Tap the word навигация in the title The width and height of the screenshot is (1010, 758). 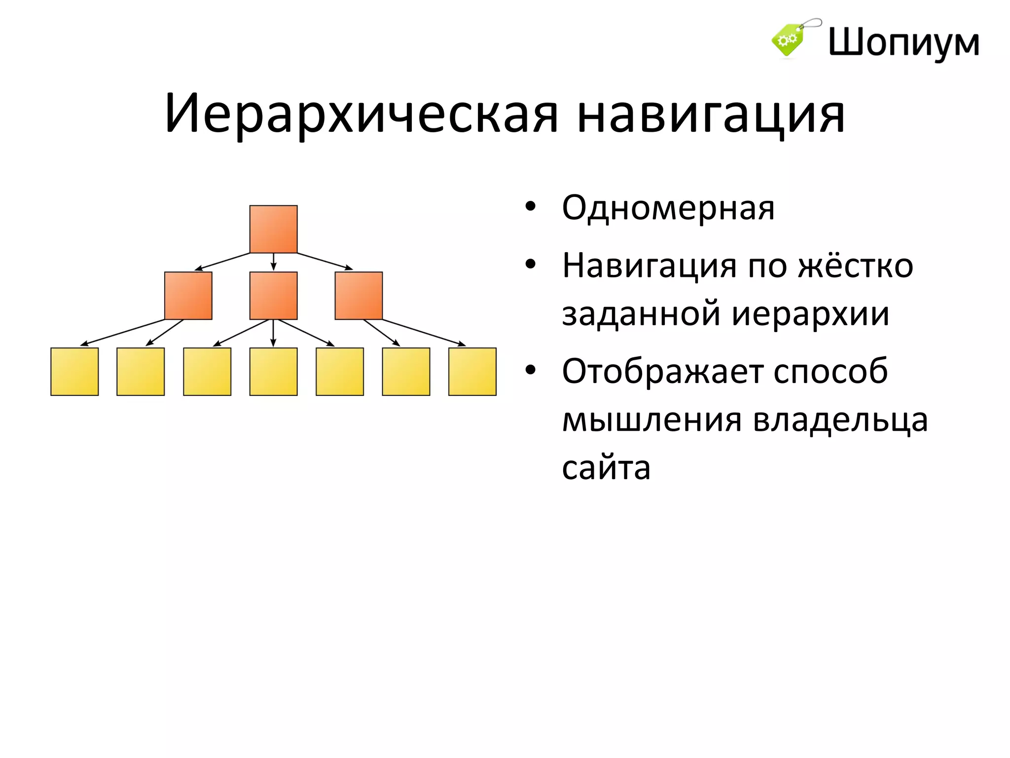(711, 114)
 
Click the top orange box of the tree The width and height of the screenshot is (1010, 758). (273, 229)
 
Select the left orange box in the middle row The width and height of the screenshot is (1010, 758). (188, 296)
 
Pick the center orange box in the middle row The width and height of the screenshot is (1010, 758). (273, 296)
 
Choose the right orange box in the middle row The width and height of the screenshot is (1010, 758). (359, 296)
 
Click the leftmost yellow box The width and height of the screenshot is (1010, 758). (74, 372)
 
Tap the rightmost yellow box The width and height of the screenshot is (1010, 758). (472, 372)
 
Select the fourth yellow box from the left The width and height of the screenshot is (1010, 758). (273, 372)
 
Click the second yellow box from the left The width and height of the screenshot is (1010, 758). (141, 372)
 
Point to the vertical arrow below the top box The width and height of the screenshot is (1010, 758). (274, 262)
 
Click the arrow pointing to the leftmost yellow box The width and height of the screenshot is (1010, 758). (123, 332)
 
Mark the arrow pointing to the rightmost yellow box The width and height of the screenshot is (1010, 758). (424, 332)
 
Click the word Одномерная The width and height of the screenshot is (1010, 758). (668, 208)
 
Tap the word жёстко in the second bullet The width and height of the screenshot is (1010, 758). (856, 266)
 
